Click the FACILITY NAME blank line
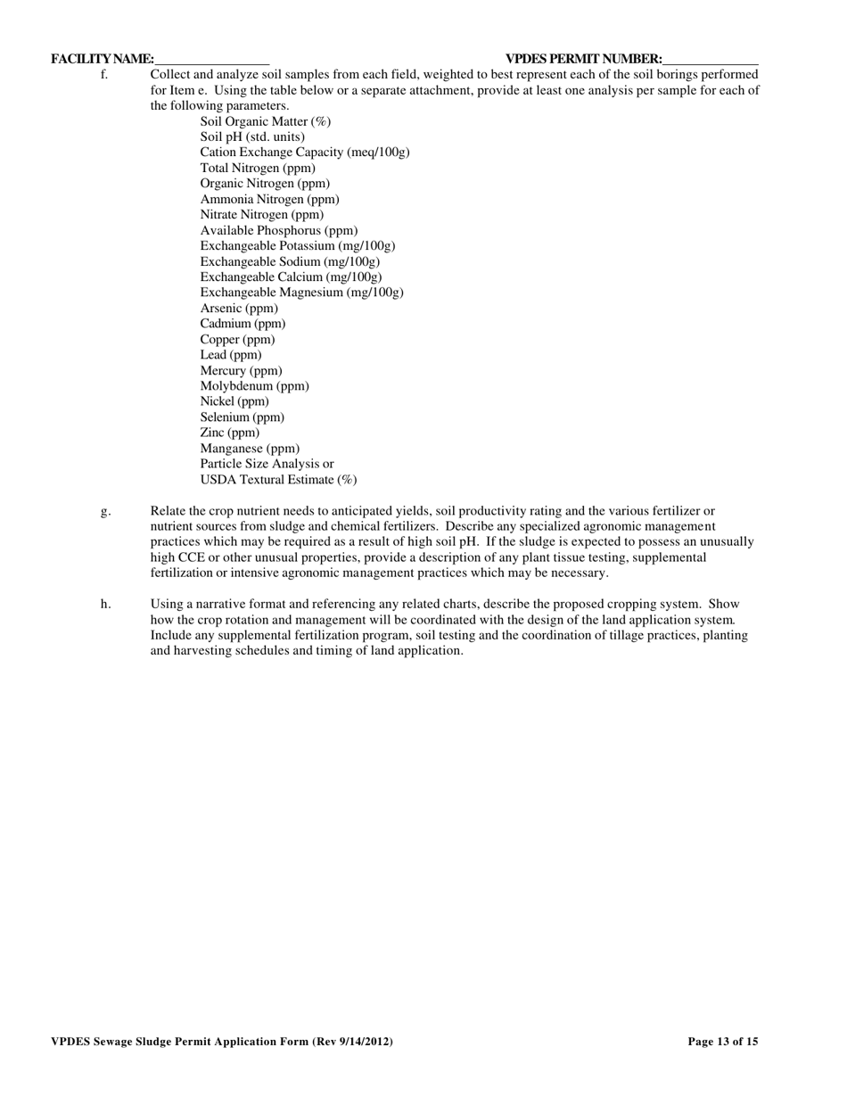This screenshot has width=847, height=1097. (211, 60)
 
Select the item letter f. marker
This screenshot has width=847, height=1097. (104, 75)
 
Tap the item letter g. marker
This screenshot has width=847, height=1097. (105, 511)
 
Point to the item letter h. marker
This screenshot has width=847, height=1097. (105, 604)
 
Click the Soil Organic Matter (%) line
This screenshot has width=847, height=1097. (265, 121)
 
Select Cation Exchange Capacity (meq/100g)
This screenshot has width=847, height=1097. (305, 153)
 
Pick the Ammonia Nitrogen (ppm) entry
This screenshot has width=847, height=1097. (269, 199)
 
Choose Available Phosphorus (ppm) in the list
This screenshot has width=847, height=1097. (279, 230)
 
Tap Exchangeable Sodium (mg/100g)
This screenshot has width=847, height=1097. (290, 261)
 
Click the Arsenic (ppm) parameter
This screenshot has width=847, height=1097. (239, 309)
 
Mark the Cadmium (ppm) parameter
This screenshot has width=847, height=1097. (243, 324)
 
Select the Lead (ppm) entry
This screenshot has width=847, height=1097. (231, 355)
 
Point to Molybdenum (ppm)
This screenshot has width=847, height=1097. (254, 386)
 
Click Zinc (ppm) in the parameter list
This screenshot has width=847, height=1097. (230, 433)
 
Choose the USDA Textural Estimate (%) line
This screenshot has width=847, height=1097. (278, 480)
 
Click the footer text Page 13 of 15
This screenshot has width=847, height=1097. (723, 1041)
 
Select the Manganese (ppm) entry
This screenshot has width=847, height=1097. (250, 449)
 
